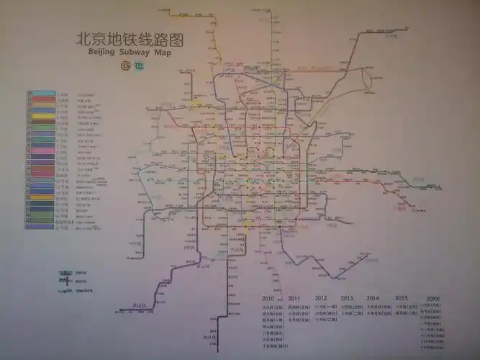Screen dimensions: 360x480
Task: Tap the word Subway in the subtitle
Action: click(138, 53)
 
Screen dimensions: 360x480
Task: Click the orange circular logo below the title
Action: click(127, 67)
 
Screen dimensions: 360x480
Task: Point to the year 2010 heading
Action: click(269, 298)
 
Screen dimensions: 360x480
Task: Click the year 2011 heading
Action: click(294, 298)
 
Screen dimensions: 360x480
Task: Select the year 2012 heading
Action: click(321, 298)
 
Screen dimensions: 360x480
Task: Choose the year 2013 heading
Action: click(347, 298)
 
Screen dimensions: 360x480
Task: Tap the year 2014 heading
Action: click(373, 298)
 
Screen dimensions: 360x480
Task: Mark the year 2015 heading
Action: click(401, 298)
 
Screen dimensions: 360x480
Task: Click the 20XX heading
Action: click(433, 298)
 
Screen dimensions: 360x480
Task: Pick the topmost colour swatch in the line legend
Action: click(40, 94)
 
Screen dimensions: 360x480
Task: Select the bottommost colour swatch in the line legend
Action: click(40, 225)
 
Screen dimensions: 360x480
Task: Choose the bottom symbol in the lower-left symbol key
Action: click(66, 289)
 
